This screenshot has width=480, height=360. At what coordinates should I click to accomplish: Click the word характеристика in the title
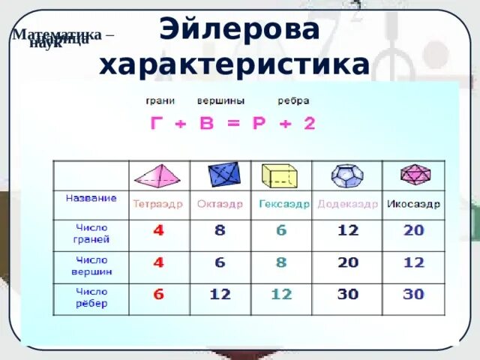(234, 65)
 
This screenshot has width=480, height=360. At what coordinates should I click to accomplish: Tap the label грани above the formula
(156, 100)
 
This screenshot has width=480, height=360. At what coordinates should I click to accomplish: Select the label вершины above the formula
(215, 100)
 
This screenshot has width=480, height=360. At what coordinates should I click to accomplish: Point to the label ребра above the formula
(292, 100)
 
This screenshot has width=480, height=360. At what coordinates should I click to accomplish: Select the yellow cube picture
(280, 175)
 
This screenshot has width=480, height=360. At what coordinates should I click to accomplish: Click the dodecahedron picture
(347, 175)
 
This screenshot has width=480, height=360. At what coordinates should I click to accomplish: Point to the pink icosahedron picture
(414, 175)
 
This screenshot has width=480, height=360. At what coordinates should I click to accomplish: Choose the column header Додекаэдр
(347, 203)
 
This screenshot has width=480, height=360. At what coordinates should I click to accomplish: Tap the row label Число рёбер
(91, 297)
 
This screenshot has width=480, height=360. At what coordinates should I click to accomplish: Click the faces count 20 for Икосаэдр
(414, 231)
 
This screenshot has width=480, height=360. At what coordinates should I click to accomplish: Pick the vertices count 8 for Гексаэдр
(281, 262)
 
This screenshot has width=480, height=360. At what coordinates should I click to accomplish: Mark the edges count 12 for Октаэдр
(220, 295)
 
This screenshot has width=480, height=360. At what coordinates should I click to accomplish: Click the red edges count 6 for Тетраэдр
(158, 295)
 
